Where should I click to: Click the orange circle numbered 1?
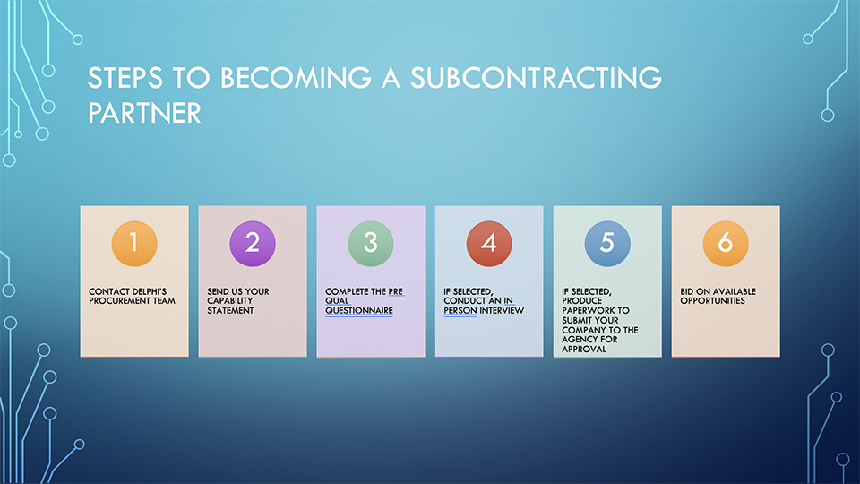134,244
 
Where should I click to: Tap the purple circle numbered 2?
253,244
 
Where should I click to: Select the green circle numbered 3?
371,244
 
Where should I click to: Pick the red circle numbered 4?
489,244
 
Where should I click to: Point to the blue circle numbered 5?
607,244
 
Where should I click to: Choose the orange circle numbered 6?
726,244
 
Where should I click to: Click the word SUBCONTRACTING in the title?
536,77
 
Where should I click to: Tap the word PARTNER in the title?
145,113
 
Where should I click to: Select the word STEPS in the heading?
125,77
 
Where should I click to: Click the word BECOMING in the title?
296,77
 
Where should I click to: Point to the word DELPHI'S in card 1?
148,291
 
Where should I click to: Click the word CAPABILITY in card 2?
230,301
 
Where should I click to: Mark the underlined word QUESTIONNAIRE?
359,311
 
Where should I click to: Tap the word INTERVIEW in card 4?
502,311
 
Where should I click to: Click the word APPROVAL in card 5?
584,349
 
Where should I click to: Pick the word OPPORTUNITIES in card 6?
713,301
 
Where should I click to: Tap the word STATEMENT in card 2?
230,311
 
